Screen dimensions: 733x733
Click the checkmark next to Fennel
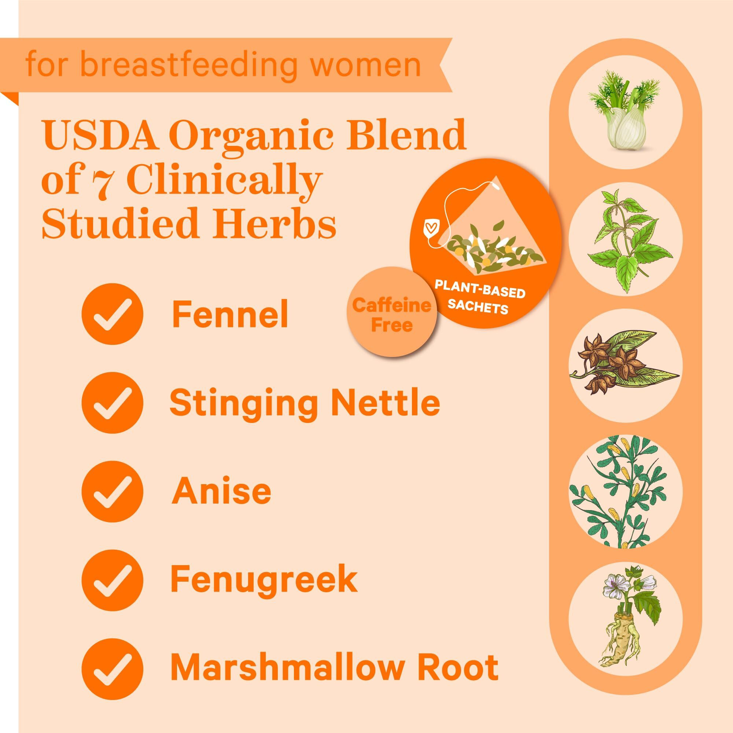click(x=112, y=314)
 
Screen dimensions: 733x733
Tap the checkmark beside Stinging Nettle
click(x=112, y=403)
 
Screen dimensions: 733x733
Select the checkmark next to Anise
click(x=112, y=492)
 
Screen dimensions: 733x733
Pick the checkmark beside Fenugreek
click(x=112, y=580)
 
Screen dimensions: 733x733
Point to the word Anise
click(x=222, y=492)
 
